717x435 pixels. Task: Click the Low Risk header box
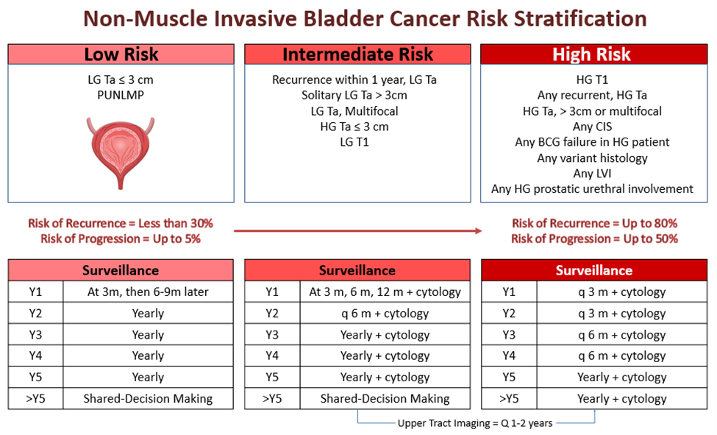[x=121, y=54]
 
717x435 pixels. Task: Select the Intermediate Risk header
[x=357, y=54]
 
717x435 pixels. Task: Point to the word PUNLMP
[x=121, y=95]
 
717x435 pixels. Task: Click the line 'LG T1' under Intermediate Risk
[x=354, y=142]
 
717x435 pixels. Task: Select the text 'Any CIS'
[x=592, y=127]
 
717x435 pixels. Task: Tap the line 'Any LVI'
[x=592, y=174]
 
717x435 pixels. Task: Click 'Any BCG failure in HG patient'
[x=592, y=142]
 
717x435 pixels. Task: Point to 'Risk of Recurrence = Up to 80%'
[x=594, y=223]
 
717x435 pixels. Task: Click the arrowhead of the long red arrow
[x=479, y=230]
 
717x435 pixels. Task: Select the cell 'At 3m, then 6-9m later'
[x=148, y=291]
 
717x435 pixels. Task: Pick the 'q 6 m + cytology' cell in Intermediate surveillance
[x=385, y=314]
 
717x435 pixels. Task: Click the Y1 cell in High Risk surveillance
[x=509, y=291]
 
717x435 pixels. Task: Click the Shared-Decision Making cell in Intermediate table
[x=385, y=399]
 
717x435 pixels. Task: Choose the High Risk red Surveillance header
[x=594, y=270]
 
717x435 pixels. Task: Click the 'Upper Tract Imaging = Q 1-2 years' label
[x=475, y=423]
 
